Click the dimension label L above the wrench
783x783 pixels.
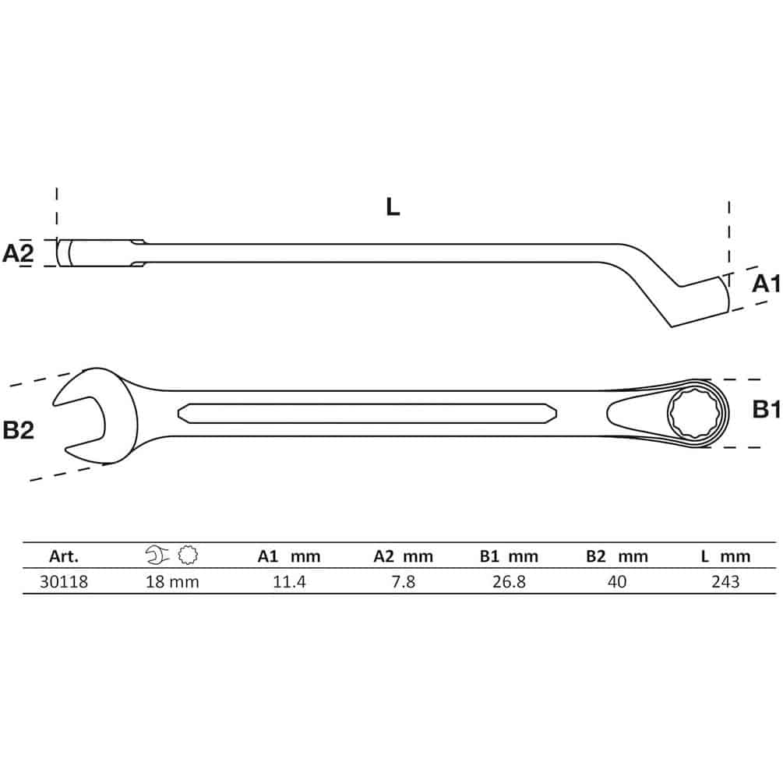[393, 206]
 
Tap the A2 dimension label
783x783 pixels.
[19, 253]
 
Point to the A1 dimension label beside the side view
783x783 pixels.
[767, 284]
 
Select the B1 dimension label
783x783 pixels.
[767, 410]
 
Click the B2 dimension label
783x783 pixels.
[19, 430]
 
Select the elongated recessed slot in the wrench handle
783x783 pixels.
[367, 414]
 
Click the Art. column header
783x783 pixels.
[64, 556]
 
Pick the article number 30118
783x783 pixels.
[64, 582]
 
